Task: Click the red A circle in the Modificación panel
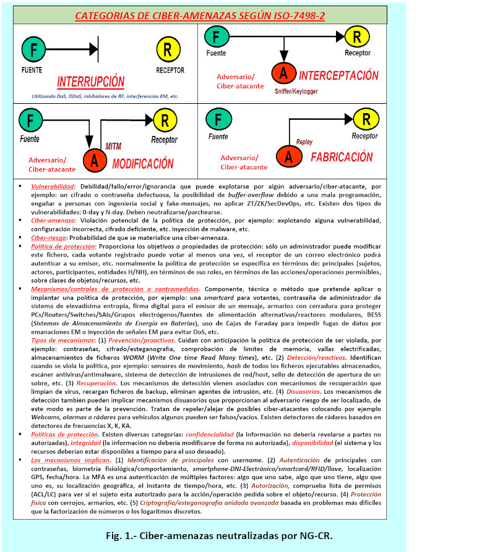coord(94,161)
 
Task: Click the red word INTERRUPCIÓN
coord(90,82)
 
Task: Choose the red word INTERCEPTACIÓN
coord(338,75)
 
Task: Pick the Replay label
coord(305,142)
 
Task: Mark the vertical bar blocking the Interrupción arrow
coord(97,48)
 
